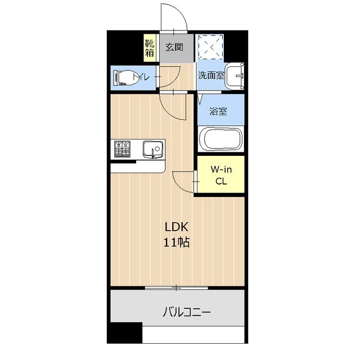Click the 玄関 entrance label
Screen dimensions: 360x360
pyautogui.click(x=174, y=47)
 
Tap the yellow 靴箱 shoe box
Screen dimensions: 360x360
pyautogui.click(x=150, y=48)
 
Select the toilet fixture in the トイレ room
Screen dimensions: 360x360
pyautogui.click(x=125, y=78)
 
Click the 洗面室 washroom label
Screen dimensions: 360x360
pyautogui.click(x=211, y=75)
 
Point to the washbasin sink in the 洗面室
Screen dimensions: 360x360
pyautogui.click(x=235, y=75)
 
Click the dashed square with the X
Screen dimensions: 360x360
pyautogui.click(x=211, y=47)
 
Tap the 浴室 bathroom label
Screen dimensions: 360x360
pyautogui.click(x=218, y=111)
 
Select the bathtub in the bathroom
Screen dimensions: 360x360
pyautogui.click(x=221, y=139)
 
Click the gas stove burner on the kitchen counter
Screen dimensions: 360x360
pyautogui.click(x=122, y=149)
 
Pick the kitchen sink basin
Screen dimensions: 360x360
pyautogui.click(x=153, y=150)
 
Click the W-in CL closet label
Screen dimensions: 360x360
pyautogui.click(x=221, y=175)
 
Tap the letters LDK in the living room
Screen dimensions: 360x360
pyautogui.click(x=177, y=227)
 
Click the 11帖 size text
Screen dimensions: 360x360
pyautogui.click(x=176, y=242)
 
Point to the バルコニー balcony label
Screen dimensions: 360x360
pyautogui.click(x=187, y=313)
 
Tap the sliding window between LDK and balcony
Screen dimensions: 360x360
pyautogui.click(x=176, y=287)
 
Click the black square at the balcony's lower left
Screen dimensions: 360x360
pyautogui.click(x=125, y=332)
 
